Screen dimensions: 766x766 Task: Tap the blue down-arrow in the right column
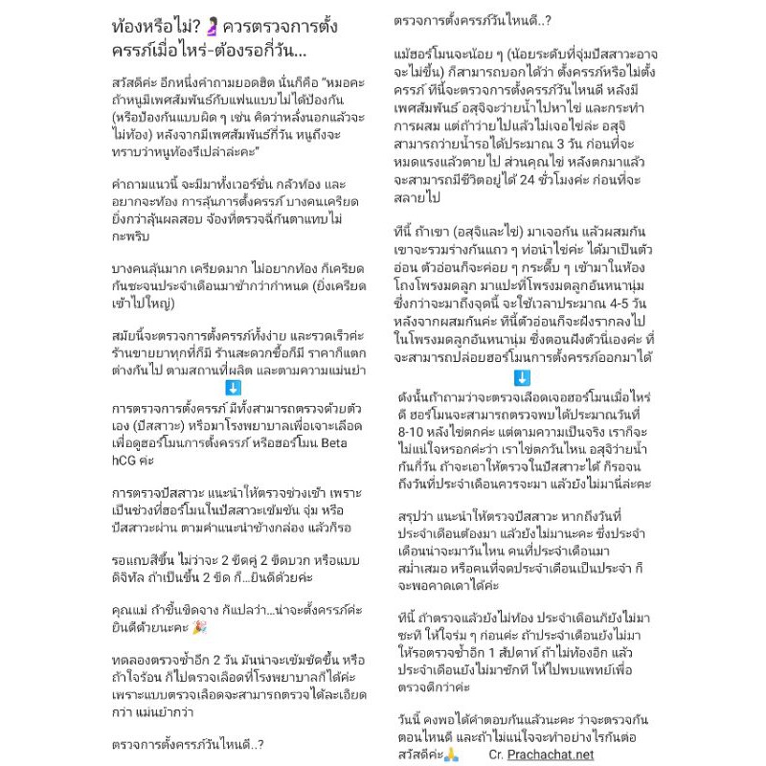(x=522, y=378)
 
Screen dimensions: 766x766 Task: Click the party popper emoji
(x=199, y=627)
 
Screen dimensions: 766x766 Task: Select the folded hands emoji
(x=451, y=755)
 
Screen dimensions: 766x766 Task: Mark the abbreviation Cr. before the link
(x=495, y=755)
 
